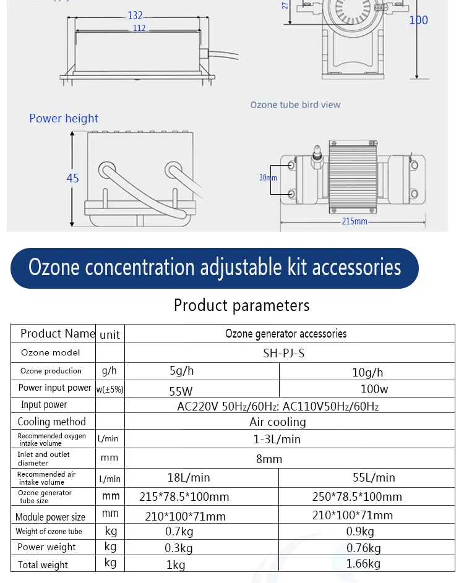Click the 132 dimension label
135,15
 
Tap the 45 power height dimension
72,178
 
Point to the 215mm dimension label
353,221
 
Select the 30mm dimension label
268,177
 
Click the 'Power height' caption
64,118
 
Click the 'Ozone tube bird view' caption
295,104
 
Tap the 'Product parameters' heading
241,305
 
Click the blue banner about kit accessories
215,268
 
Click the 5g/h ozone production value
182,372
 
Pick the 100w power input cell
374,389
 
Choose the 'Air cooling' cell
278,422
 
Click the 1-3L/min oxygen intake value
277,440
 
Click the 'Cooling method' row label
52,422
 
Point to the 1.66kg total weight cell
364,563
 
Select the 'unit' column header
110,334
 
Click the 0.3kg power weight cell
179,548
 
